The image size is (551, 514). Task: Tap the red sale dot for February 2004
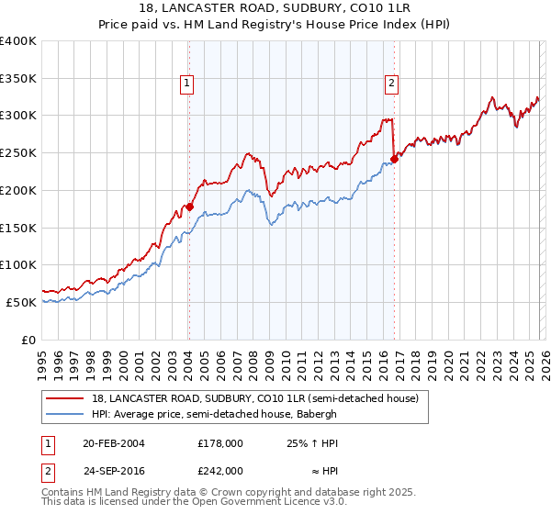[x=189, y=207]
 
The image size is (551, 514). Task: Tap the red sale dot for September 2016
[x=394, y=159]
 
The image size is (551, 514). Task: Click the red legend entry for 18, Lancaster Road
[x=255, y=398]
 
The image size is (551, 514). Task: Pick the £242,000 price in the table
[x=220, y=470]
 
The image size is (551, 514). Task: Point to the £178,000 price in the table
[x=220, y=442]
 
